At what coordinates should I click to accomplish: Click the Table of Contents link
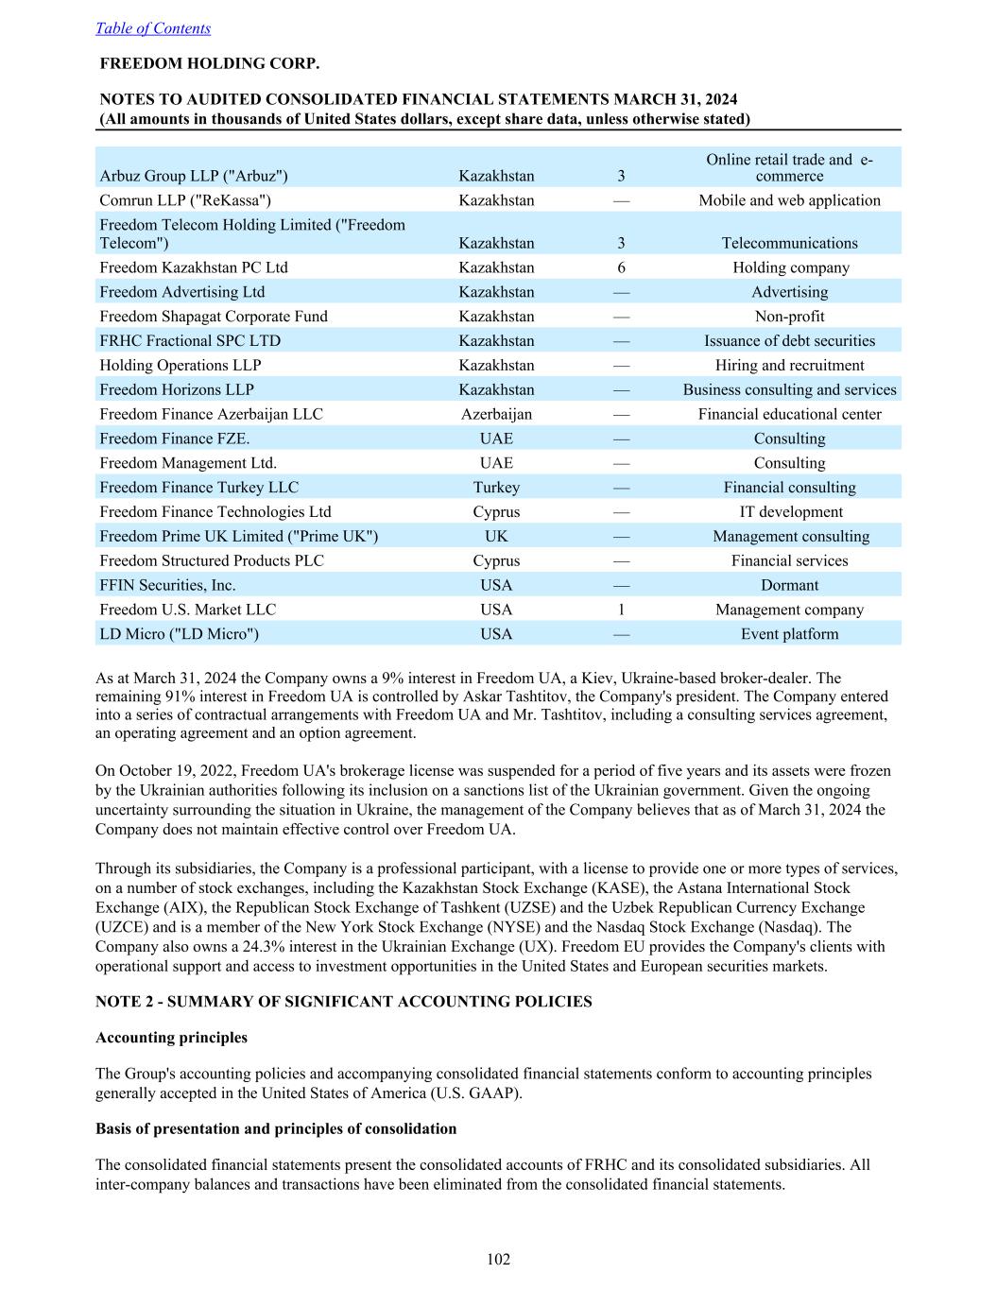point(153,28)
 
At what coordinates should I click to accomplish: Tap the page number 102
point(498,1259)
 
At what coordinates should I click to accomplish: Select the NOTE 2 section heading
point(344,1002)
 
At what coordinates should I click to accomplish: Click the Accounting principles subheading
point(171,1038)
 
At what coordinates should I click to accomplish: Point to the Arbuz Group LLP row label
point(194,176)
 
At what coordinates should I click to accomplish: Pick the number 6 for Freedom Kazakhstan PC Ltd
point(621,267)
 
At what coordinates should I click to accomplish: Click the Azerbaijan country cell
point(496,414)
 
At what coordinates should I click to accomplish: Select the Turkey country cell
point(496,488)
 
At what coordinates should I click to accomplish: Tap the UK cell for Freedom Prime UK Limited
point(496,537)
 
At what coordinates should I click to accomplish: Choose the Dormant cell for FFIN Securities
point(789,586)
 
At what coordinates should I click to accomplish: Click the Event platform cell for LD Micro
point(789,634)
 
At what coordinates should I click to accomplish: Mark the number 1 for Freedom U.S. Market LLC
point(621,610)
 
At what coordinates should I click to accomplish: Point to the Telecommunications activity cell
point(789,243)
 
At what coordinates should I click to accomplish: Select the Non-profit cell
point(789,317)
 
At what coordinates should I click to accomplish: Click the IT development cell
point(789,512)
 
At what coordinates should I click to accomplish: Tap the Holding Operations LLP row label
point(180,366)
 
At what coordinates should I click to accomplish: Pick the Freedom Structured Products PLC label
point(212,561)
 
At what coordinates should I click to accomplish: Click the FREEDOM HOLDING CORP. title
point(210,64)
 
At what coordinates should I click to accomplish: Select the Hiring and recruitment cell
point(789,366)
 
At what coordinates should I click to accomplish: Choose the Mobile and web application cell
point(789,200)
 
